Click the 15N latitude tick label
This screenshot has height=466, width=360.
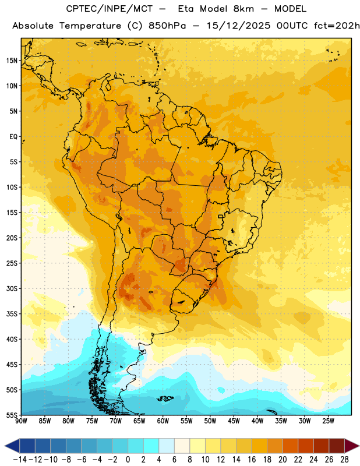click(x=12, y=61)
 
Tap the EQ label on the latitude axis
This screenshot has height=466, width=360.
click(x=13, y=137)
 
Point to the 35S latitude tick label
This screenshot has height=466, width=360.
click(x=12, y=314)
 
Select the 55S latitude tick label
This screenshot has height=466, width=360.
click(x=12, y=415)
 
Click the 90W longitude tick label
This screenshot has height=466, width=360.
click(x=21, y=421)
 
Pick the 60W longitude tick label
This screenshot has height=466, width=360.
click(x=163, y=421)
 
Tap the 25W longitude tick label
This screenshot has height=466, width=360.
click(x=328, y=421)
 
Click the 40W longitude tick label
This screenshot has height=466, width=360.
click(x=257, y=421)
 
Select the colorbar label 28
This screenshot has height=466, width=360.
click(x=344, y=460)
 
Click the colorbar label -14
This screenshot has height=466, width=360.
click(x=20, y=460)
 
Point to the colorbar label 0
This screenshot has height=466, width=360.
click(x=128, y=460)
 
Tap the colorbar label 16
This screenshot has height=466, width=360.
click(x=252, y=460)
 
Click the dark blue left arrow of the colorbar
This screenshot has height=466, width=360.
click(x=12, y=446)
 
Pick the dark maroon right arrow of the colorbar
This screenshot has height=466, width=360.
click(x=352, y=446)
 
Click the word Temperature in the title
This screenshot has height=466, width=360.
click(x=90, y=26)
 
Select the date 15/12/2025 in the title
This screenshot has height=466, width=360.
click(x=238, y=26)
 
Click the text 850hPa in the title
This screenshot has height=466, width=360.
click(x=167, y=26)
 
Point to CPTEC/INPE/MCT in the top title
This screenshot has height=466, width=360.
click(x=110, y=9)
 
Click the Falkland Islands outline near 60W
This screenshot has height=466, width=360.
click(x=165, y=398)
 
